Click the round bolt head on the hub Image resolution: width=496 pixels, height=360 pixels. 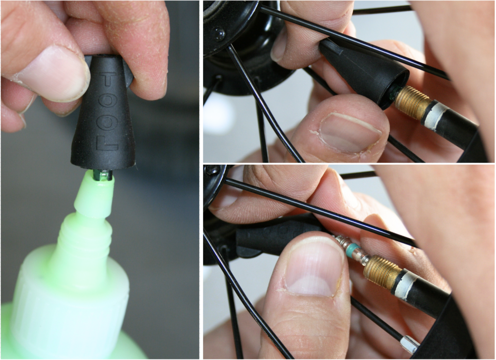[x=219, y=33]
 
